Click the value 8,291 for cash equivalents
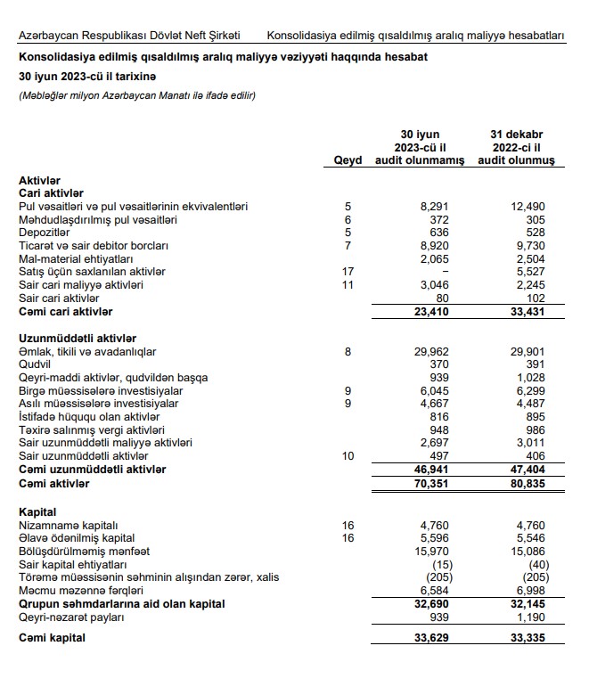[x=438, y=207]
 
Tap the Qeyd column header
[x=348, y=160]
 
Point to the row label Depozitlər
[x=45, y=233]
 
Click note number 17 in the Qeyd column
[x=348, y=272]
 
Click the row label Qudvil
[x=35, y=364]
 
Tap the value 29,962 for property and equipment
[x=435, y=352]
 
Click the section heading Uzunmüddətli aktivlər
[x=77, y=339]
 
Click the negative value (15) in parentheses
[x=438, y=565]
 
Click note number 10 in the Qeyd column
[x=348, y=456]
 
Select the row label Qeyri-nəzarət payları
[x=75, y=617]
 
